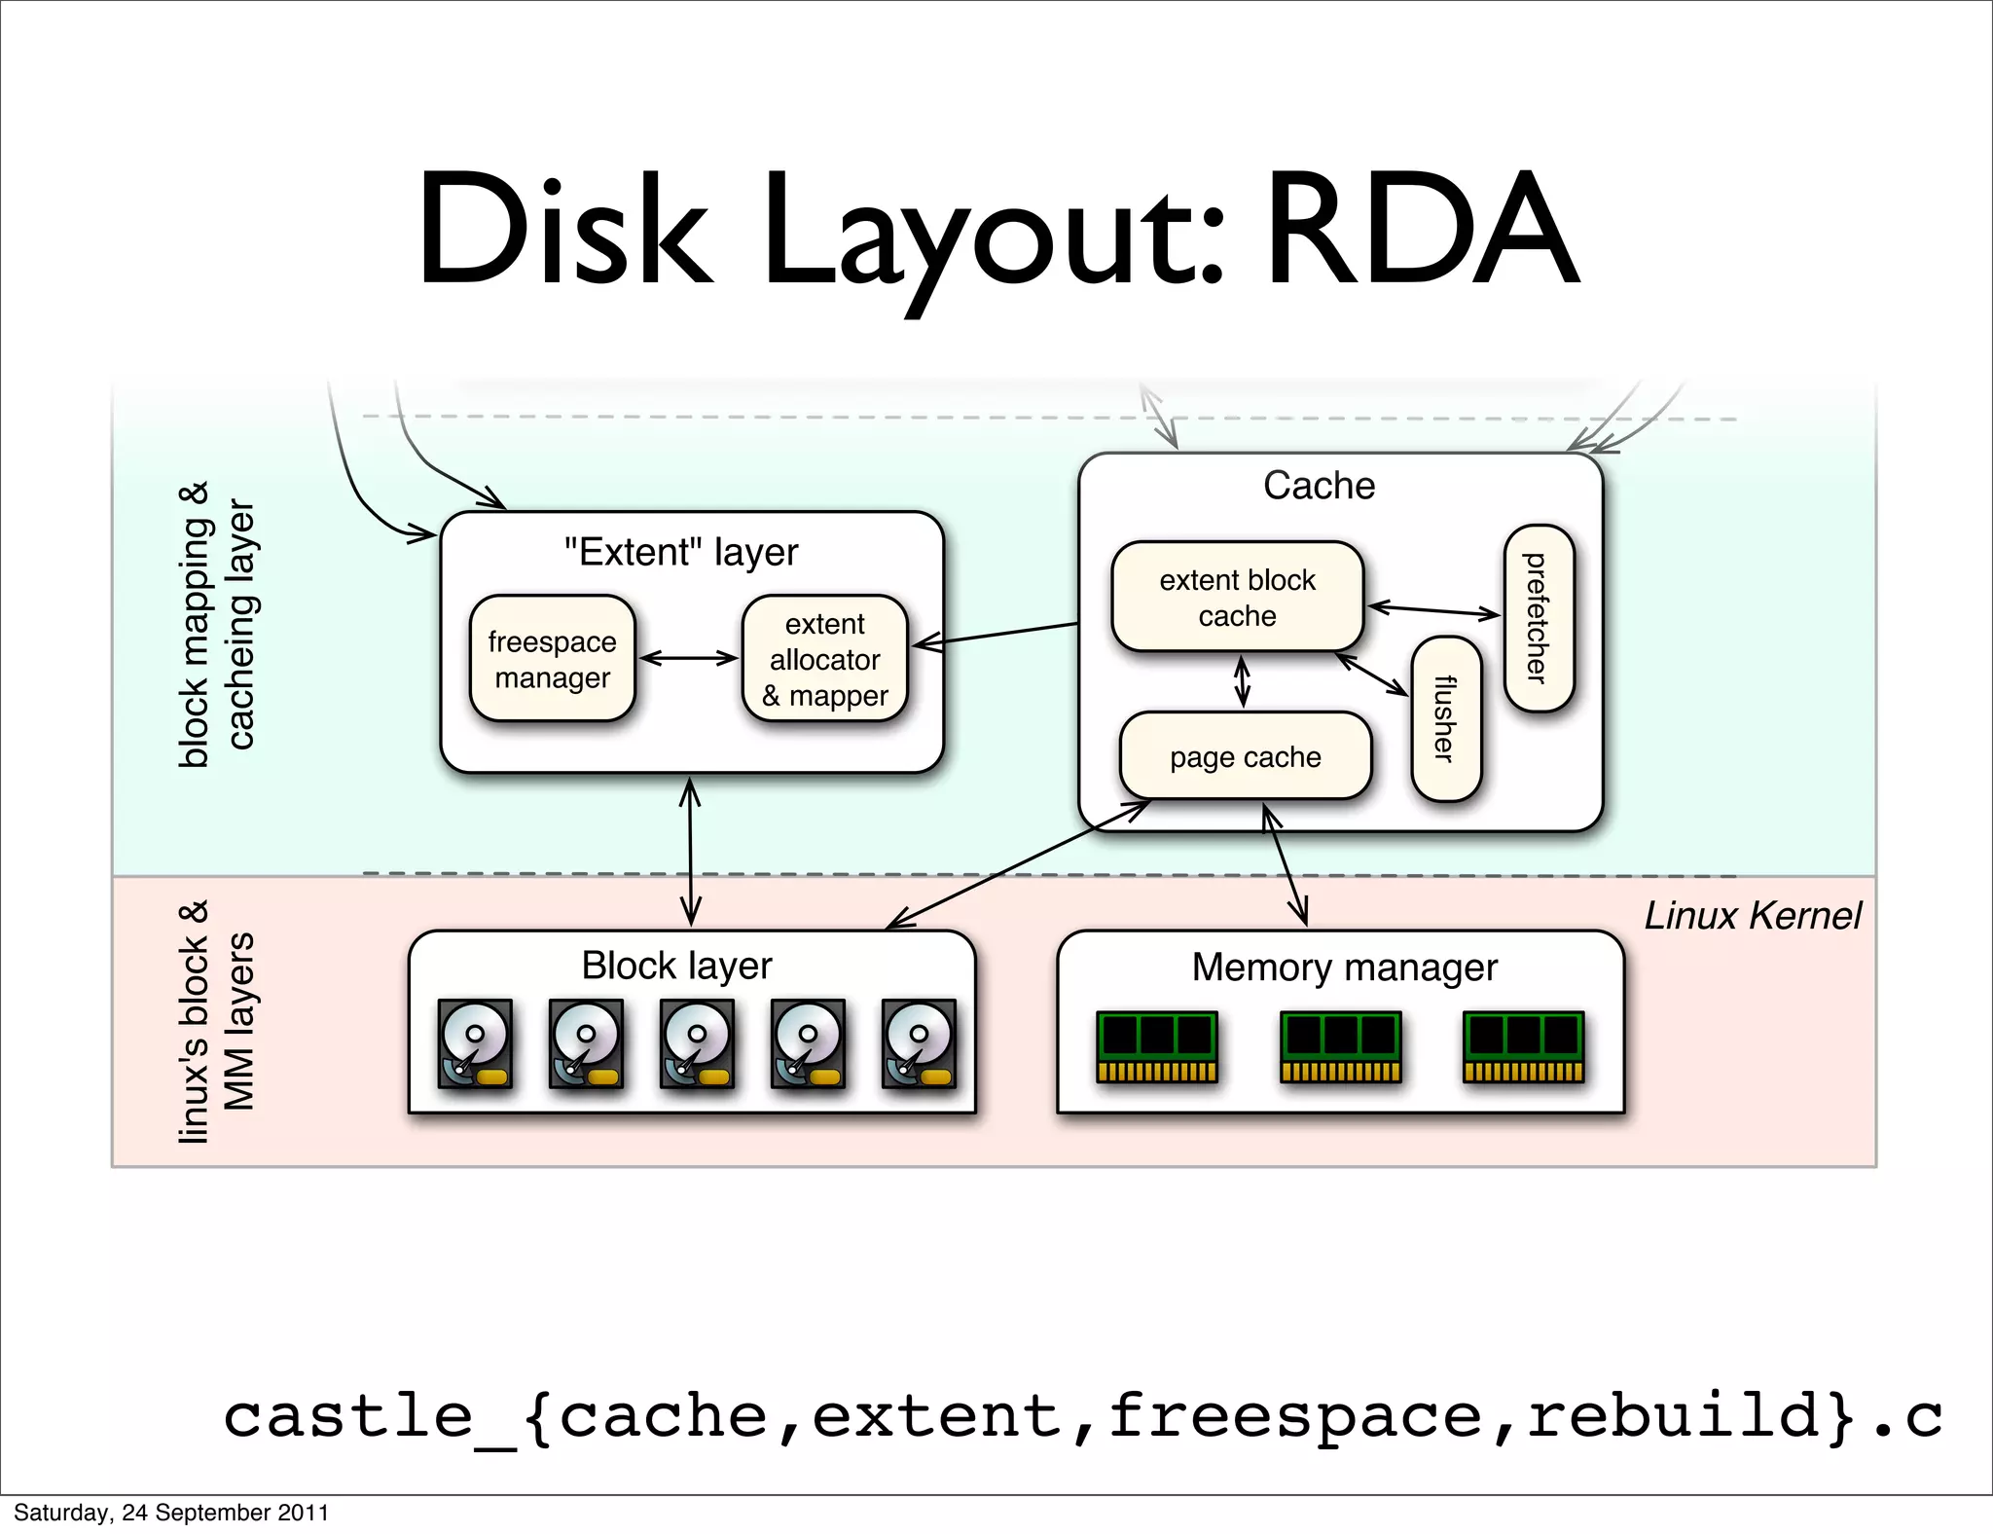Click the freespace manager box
(x=552, y=659)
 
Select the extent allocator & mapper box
(x=824, y=659)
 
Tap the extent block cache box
(x=1237, y=597)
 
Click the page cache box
(x=1245, y=756)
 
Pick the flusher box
(x=1446, y=718)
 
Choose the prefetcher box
(x=1538, y=618)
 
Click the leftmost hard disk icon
(x=475, y=1042)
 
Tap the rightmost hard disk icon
(x=919, y=1042)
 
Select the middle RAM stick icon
(x=1340, y=1046)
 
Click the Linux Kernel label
(x=1752, y=916)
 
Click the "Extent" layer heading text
(x=681, y=552)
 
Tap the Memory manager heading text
(x=1344, y=968)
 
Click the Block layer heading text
(x=676, y=966)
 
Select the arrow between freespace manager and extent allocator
(x=688, y=658)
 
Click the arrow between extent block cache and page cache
(x=1242, y=681)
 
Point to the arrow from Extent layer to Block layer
(x=690, y=852)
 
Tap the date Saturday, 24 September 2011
(x=171, y=1513)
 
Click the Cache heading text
(x=1319, y=485)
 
